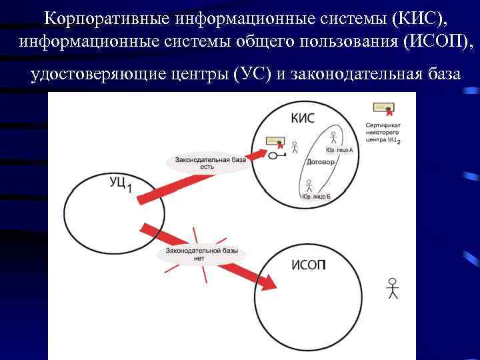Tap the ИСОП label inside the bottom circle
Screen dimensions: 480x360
(x=309, y=266)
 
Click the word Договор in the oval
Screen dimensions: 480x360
(x=320, y=162)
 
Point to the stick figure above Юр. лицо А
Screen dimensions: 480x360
(x=333, y=137)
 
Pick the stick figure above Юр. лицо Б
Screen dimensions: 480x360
(x=309, y=185)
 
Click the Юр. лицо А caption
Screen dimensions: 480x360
(x=339, y=151)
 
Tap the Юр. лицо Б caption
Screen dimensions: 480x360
(x=316, y=197)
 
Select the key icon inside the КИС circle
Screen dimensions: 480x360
(x=276, y=156)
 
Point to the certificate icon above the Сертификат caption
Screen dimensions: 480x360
(x=383, y=108)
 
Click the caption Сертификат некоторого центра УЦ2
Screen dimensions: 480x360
(x=383, y=133)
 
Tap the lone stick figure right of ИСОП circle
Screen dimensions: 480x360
(x=393, y=287)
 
